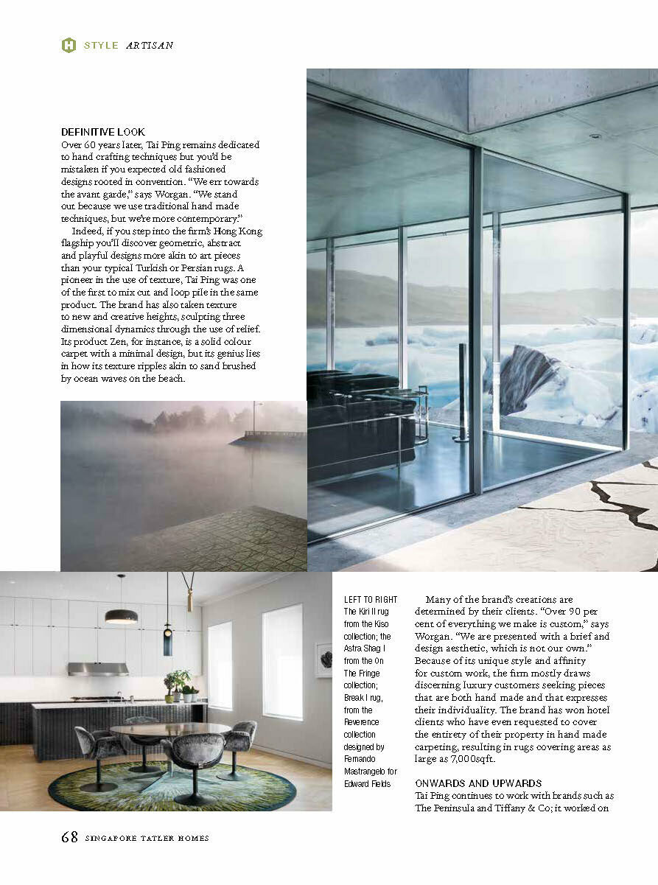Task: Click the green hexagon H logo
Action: (x=69, y=45)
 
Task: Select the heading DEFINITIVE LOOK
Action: (x=98, y=132)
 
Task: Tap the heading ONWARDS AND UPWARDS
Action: (x=478, y=783)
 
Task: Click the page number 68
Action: (x=69, y=837)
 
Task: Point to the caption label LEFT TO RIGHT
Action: (x=370, y=600)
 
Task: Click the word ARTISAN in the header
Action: (x=150, y=45)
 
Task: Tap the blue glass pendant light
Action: (x=167, y=639)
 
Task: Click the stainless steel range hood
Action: (x=98, y=668)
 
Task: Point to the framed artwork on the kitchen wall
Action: (x=323, y=660)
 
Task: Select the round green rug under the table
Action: (x=172, y=786)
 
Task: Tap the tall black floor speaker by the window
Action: (x=463, y=394)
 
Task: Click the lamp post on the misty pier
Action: (x=254, y=417)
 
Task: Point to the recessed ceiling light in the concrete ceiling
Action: (x=595, y=136)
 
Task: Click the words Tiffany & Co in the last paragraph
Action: (x=542, y=808)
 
